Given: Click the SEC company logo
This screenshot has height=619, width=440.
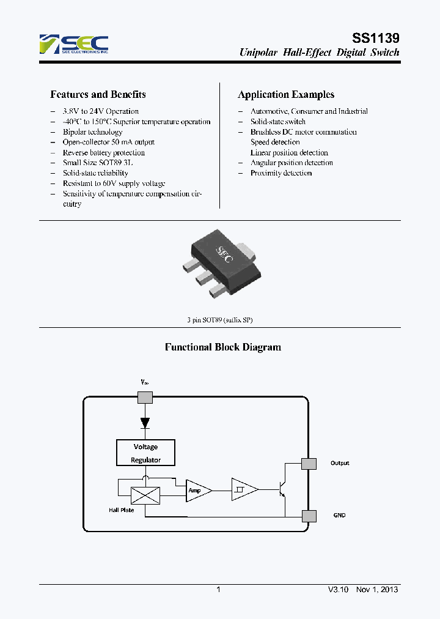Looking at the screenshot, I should (x=73, y=45).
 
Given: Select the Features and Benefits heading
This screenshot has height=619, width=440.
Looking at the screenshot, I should (x=98, y=94).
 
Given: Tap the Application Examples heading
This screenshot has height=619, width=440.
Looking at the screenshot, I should (x=285, y=94).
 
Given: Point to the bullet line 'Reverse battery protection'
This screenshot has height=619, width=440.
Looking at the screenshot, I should (x=103, y=152).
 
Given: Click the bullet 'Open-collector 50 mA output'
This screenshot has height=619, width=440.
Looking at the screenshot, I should (x=108, y=142).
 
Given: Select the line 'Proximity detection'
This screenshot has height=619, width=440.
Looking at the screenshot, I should (x=280, y=173).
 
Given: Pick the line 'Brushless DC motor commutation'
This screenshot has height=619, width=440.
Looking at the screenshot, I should (x=303, y=132).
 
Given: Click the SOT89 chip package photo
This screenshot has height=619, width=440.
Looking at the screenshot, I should (x=219, y=263).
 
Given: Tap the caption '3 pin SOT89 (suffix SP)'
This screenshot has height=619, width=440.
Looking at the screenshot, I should (x=219, y=321).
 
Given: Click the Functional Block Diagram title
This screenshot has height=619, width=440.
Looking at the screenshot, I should (x=223, y=347).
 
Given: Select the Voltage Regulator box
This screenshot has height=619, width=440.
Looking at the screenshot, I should (x=145, y=453).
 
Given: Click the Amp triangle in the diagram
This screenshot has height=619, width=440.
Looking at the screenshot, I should (x=197, y=491).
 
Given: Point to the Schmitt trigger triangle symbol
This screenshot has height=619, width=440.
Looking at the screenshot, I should (x=243, y=489).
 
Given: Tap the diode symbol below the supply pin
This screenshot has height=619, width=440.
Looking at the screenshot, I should (x=145, y=422).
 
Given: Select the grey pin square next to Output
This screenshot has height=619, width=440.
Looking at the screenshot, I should (x=309, y=463).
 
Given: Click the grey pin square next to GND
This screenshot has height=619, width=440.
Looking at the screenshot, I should (x=309, y=515).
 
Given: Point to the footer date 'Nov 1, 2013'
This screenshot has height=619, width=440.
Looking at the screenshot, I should (x=377, y=590).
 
